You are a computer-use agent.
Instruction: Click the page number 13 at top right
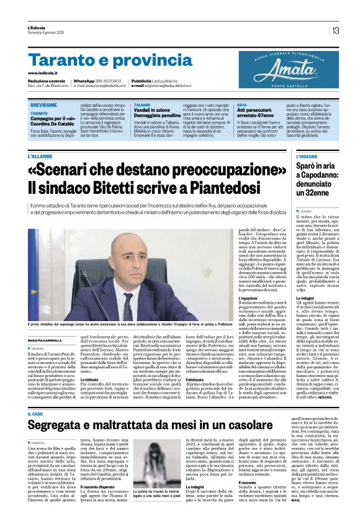point(335,30)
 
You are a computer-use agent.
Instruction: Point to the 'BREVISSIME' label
point(44,106)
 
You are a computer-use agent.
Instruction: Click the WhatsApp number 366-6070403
point(105,81)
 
